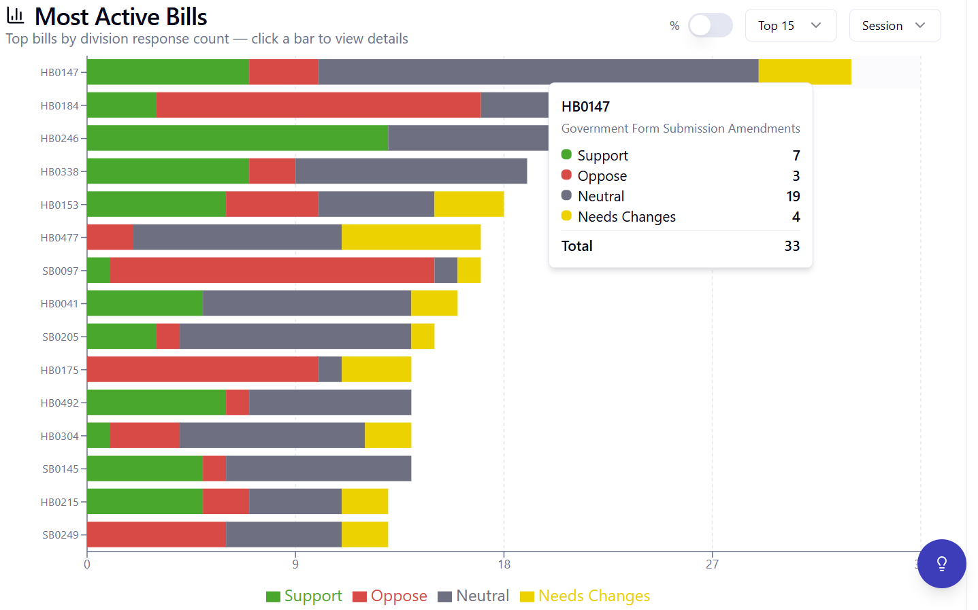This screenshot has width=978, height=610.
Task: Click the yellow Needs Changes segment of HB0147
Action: [x=804, y=71]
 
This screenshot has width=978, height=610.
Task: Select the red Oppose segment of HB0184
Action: [x=319, y=105]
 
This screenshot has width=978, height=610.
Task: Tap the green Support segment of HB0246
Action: [x=238, y=138]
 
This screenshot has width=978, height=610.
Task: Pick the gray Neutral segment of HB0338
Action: [x=411, y=171]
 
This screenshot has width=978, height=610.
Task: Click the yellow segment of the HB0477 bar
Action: [x=411, y=237]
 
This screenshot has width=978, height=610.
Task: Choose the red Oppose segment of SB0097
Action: [x=272, y=270]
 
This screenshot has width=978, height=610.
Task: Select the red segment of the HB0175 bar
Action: [x=203, y=369]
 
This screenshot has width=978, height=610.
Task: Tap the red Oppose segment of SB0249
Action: [x=157, y=535]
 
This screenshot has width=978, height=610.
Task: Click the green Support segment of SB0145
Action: [x=145, y=468]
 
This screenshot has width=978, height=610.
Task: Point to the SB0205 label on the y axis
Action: [x=61, y=337]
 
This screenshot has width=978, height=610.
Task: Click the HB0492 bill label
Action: [x=59, y=403]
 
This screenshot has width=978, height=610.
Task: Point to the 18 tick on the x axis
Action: [x=504, y=564]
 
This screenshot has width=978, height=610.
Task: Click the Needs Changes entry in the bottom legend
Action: [x=585, y=596]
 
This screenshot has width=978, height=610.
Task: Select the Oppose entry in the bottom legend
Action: [x=390, y=596]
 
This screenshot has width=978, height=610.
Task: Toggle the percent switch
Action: [x=711, y=25]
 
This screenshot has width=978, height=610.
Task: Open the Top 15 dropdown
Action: [x=791, y=25]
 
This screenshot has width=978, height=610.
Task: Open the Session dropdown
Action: [x=894, y=25]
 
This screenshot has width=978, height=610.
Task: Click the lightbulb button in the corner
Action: [x=942, y=564]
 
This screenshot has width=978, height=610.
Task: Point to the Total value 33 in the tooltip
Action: [x=792, y=246]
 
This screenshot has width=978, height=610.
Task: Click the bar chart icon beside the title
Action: [x=15, y=16]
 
